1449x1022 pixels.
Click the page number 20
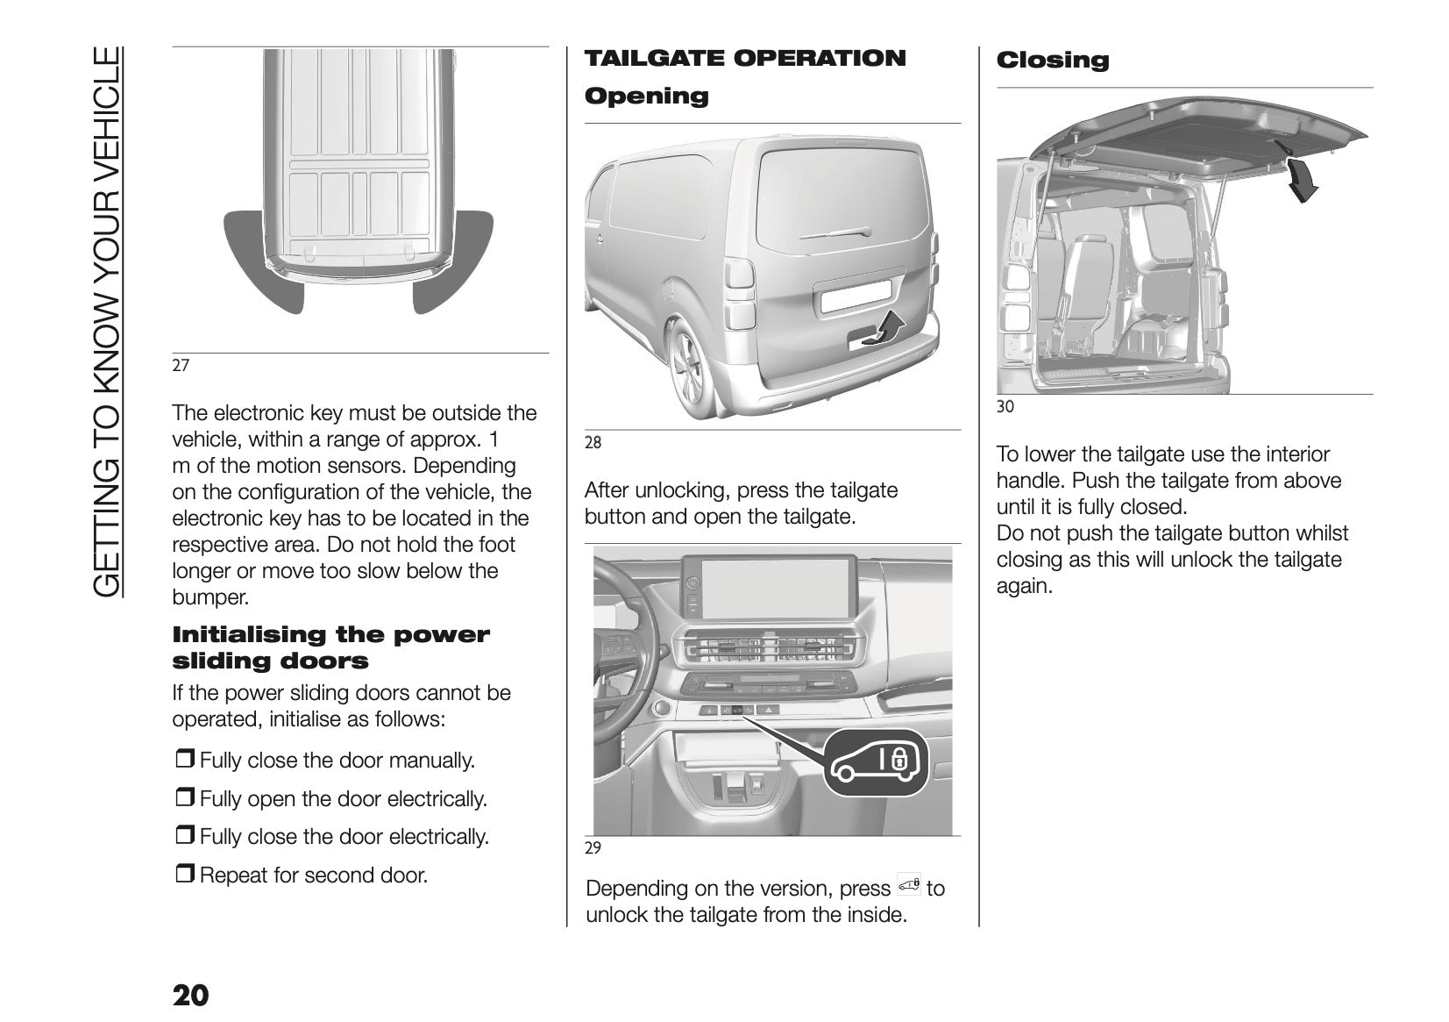[190, 997]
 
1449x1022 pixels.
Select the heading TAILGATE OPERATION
[745, 59]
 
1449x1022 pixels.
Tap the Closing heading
[1052, 61]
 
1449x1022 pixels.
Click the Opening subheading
[646, 96]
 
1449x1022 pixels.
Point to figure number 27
[181, 366]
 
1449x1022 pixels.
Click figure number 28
[593, 442]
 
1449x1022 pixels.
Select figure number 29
[593, 848]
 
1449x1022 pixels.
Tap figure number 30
[1005, 406]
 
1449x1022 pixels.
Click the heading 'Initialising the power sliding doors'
[330, 647]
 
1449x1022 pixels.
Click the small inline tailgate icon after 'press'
[909, 886]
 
